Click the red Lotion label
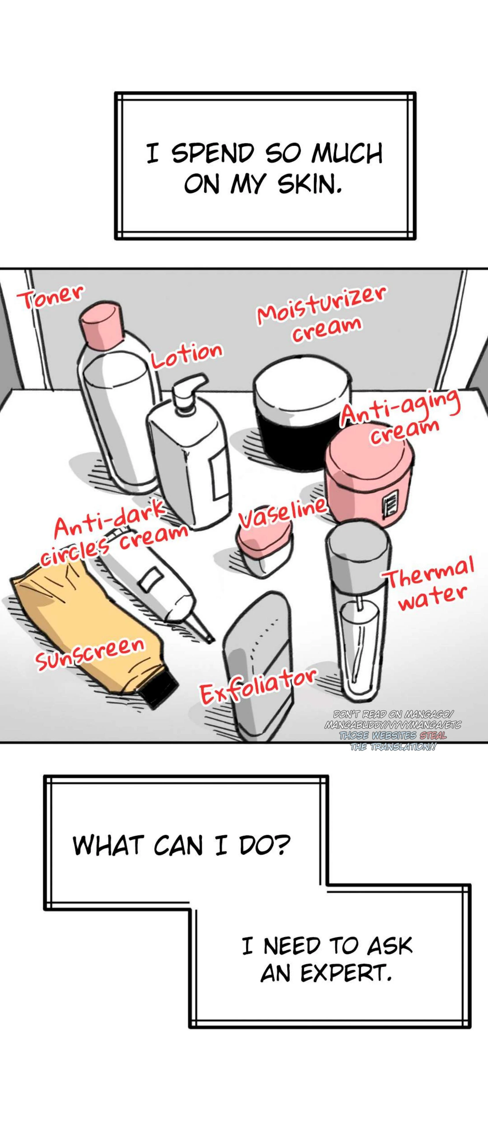coord(187,354)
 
